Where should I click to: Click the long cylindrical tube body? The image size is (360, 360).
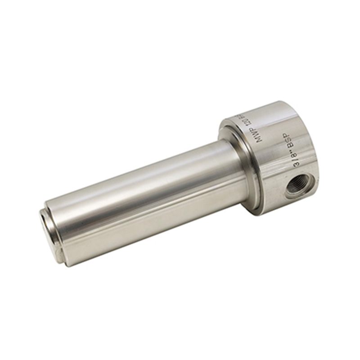click(148, 198)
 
